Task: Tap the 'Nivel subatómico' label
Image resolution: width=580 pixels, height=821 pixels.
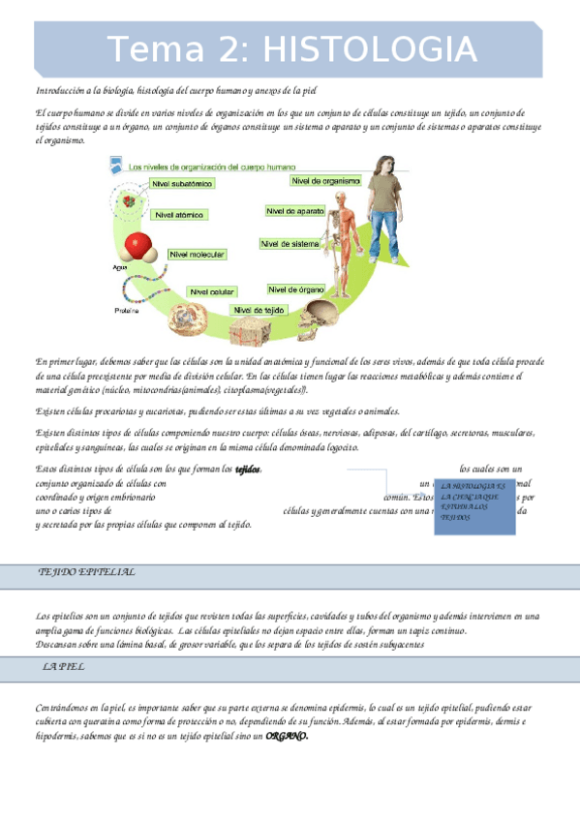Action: [x=182, y=182]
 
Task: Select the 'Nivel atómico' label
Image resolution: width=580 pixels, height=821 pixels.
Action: [x=180, y=215]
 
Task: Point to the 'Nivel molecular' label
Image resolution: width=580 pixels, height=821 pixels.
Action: [x=198, y=255]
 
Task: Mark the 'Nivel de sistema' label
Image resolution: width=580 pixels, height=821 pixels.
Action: [x=290, y=244]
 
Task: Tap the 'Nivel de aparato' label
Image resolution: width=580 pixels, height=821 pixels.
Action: [x=295, y=210]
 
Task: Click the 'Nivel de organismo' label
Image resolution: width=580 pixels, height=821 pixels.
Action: [x=325, y=180]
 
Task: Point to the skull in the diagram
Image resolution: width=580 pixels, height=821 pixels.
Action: [x=320, y=315]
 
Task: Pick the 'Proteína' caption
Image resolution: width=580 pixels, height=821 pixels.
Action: [x=127, y=311]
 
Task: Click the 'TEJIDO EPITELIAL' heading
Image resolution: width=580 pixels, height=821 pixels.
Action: [x=87, y=572]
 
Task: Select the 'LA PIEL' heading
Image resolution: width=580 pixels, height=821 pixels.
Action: [x=63, y=668]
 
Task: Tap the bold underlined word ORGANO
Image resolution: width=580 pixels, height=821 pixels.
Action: [x=287, y=736]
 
